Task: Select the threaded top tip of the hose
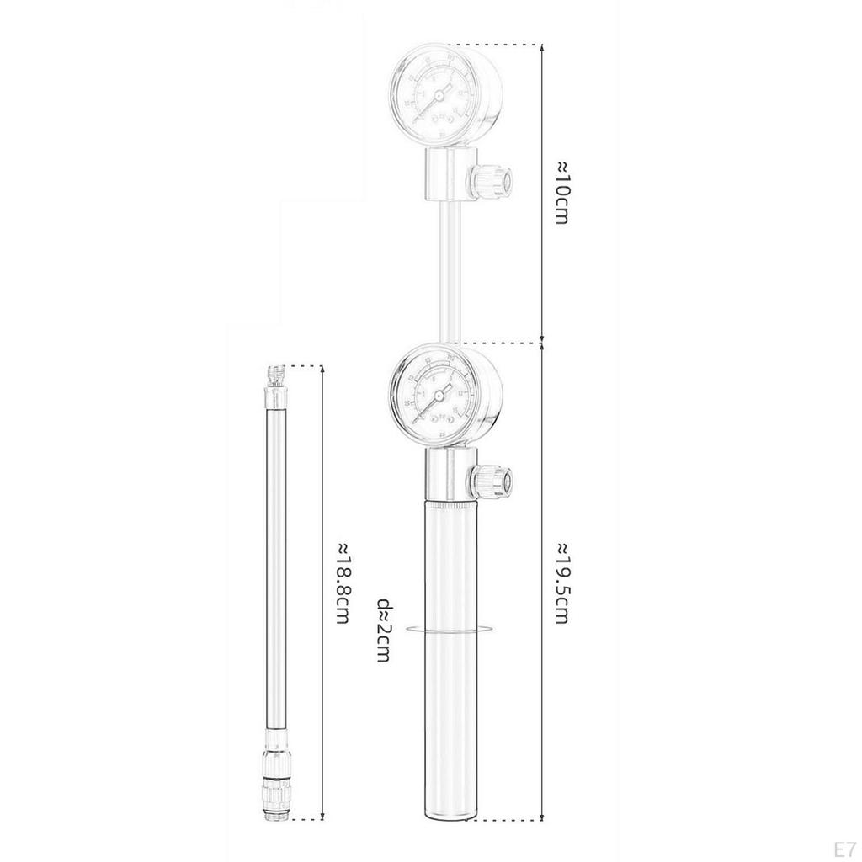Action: (x=274, y=375)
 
